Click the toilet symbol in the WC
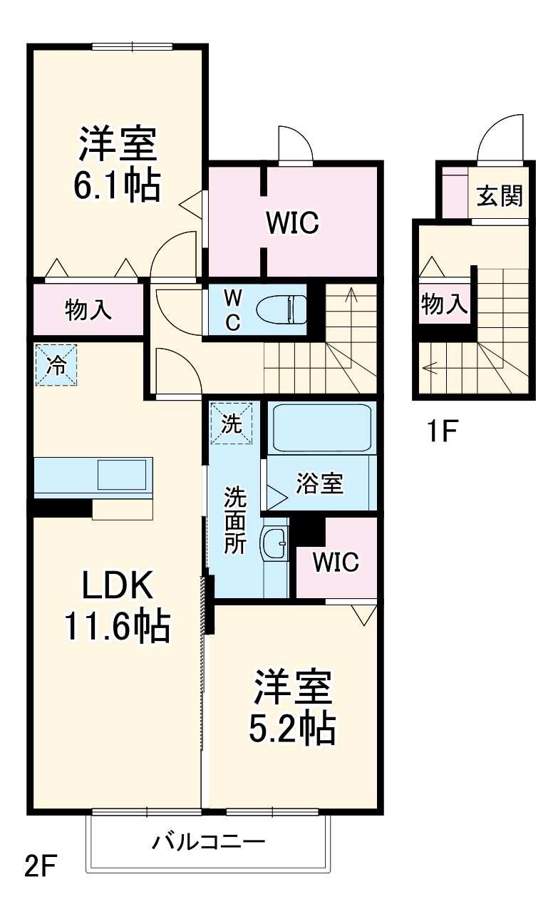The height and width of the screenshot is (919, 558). pos(281,309)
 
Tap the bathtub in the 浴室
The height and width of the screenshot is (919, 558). pos(322,428)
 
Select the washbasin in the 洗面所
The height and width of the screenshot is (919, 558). pos(274,543)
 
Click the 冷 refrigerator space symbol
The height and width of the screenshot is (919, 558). pos(56,365)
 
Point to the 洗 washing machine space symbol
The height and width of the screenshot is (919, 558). pos(231,423)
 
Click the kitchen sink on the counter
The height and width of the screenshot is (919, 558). pos(122,475)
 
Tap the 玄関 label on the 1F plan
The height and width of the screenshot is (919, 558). pos(500,195)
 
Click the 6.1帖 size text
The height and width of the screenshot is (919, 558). pos(117,185)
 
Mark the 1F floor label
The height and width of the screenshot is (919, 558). pos(442,431)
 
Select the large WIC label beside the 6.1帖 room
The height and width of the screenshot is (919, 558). pos(293,222)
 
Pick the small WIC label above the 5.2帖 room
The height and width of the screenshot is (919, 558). pos(336,562)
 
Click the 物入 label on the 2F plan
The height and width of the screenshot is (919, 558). pos(88,309)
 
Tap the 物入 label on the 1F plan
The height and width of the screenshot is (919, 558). pos(445,304)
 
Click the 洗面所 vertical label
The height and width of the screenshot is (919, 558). pos(235,520)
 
